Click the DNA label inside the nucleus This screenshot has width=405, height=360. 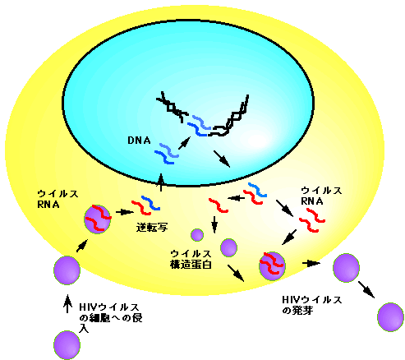point(139,141)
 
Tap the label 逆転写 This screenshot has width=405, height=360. point(152,227)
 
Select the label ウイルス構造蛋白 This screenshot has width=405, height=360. point(191,259)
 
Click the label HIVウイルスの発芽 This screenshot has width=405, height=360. point(312,305)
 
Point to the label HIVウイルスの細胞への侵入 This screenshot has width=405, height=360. point(110,318)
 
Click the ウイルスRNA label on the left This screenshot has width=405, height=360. point(58,199)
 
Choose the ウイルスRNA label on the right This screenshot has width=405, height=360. point(321,196)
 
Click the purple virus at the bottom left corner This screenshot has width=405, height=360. point(67,345)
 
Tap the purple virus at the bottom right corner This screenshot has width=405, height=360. point(391,317)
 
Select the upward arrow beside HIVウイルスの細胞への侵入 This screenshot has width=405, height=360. point(67,303)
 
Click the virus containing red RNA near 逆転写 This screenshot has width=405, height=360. point(98,219)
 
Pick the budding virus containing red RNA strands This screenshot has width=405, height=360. point(272,265)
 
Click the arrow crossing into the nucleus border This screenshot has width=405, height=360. point(161,182)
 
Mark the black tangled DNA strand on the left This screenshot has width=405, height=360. point(172,107)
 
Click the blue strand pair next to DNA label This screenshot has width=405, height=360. point(166,154)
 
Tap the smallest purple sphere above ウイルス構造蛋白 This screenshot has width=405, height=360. point(197,235)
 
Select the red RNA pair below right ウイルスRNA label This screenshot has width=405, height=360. point(312,220)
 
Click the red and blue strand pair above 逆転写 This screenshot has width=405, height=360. point(145,205)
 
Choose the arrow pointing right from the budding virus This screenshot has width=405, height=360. point(311,263)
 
